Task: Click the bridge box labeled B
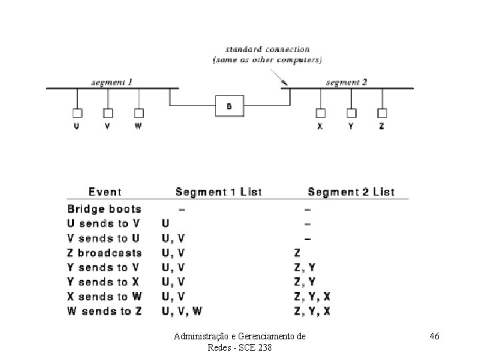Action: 229,105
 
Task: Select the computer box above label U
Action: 77,113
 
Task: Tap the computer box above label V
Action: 108,113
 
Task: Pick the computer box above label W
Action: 139,113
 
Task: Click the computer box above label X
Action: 320,113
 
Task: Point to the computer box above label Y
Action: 351,113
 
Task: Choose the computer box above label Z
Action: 382,113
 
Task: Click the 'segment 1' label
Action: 111,83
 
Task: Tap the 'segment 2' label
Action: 347,83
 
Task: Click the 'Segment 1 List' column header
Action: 218,192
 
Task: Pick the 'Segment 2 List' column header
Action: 351,192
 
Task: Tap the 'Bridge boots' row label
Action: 104,209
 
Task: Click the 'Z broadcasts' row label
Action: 105,253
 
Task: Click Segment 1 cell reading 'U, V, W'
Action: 182,311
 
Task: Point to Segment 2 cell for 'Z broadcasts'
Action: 298,253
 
